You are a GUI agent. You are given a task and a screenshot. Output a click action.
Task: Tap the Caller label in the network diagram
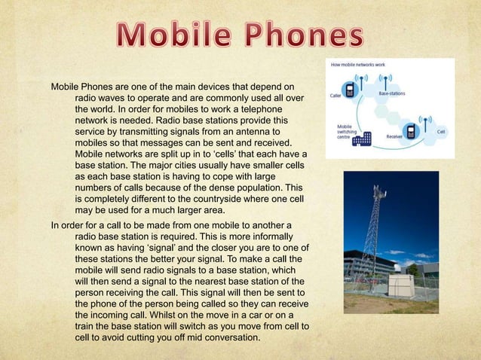336,96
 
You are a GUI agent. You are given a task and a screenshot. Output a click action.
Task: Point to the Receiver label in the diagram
394,137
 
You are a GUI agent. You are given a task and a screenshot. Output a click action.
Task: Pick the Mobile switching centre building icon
366,139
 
